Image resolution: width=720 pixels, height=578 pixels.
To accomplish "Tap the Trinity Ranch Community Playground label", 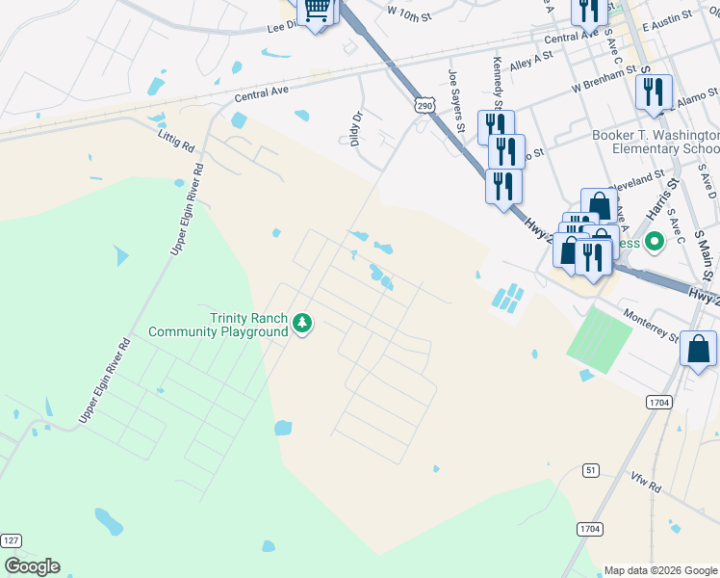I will tap(219, 326).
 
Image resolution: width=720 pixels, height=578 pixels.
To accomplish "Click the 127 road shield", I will tap(11, 540).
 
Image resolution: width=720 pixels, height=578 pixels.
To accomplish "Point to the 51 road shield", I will tap(592, 469).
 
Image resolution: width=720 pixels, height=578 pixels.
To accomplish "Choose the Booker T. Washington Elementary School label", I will tap(656, 143).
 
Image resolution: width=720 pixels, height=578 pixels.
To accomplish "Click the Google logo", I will tap(32, 566).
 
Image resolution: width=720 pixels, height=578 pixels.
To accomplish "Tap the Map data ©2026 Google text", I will tap(660, 570).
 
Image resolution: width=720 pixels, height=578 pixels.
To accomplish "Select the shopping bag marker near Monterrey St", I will tap(698, 349).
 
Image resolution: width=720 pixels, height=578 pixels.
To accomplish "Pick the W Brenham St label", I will tap(604, 79).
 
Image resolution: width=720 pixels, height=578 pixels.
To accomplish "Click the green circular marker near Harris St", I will tap(656, 242).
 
